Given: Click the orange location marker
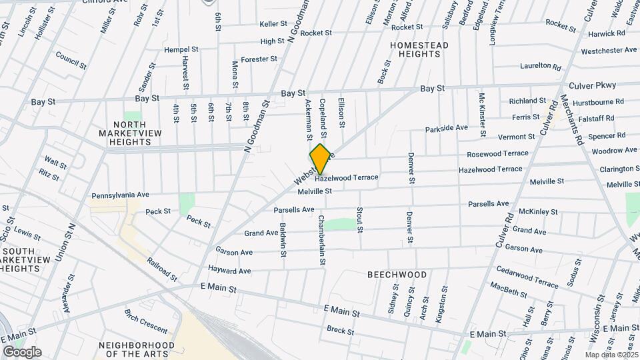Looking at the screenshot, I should [x=320, y=159].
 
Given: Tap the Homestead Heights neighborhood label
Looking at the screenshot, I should [x=419, y=50].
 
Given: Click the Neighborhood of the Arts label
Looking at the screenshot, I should [x=136, y=349].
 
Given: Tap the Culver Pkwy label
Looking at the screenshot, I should [x=593, y=85].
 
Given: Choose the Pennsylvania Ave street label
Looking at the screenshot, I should [x=120, y=197].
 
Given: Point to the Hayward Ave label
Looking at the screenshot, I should [x=229, y=271].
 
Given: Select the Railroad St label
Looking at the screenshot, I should [x=162, y=269].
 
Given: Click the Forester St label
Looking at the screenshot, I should [x=259, y=59].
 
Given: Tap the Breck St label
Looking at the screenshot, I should [x=340, y=330].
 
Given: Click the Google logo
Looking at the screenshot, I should [x=22, y=352].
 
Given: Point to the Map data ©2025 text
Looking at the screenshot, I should [x=611, y=355].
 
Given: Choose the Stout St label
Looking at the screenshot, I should [x=359, y=220].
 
